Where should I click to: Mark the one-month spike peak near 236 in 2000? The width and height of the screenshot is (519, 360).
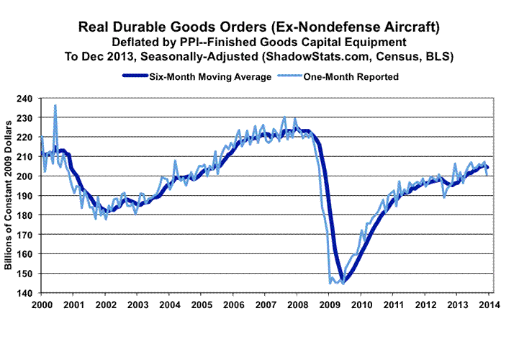55,106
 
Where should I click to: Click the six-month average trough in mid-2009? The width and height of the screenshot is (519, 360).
344,282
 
